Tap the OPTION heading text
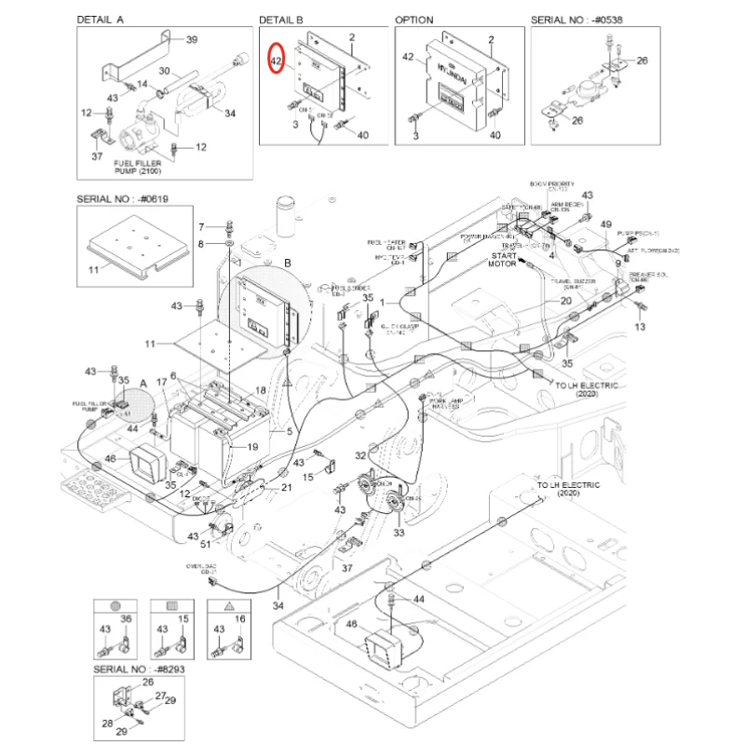click(414, 19)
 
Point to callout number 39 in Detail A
click(192, 40)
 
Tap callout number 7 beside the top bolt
click(199, 226)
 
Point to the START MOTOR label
click(503, 259)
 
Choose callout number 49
click(605, 225)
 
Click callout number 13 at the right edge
click(639, 327)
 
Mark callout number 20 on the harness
click(565, 301)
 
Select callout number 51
click(205, 547)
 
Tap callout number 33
click(399, 533)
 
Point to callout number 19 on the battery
click(252, 447)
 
